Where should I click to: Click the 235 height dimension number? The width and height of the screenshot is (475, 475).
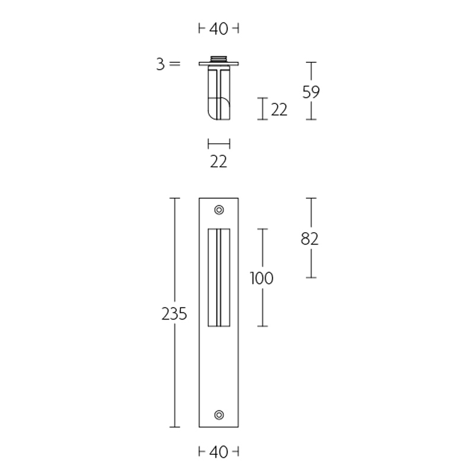(174, 313)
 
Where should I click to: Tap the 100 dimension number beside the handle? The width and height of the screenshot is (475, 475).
(262, 278)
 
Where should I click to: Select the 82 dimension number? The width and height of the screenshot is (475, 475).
(310, 238)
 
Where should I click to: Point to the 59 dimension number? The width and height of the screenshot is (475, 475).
(310, 91)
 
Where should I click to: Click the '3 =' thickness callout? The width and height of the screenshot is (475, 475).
(167, 64)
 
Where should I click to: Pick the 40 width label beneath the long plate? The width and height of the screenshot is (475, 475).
(218, 452)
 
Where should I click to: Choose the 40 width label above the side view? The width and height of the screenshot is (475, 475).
(218, 28)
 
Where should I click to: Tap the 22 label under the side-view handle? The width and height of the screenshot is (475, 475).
(218, 161)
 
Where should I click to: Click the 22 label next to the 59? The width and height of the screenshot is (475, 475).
(279, 109)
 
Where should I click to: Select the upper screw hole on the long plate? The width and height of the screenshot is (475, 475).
(219, 210)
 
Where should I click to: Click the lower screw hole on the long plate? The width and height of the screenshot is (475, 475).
(219, 414)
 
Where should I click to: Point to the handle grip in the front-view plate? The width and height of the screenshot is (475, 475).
(218, 277)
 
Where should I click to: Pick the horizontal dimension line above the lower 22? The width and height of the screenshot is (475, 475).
(218, 144)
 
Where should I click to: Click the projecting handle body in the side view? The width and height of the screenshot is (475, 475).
(218, 92)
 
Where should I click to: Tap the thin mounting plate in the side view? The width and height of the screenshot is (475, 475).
(218, 64)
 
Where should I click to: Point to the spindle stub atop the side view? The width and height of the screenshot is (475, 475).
(218, 58)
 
